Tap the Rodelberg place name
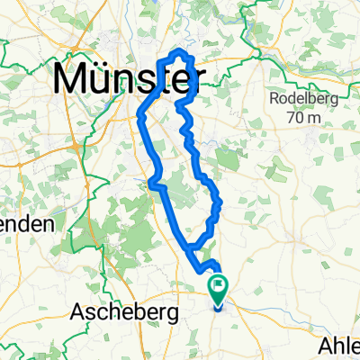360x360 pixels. click(301, 99)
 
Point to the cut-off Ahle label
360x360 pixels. click(340, 346)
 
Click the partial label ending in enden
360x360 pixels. click(26, 223)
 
